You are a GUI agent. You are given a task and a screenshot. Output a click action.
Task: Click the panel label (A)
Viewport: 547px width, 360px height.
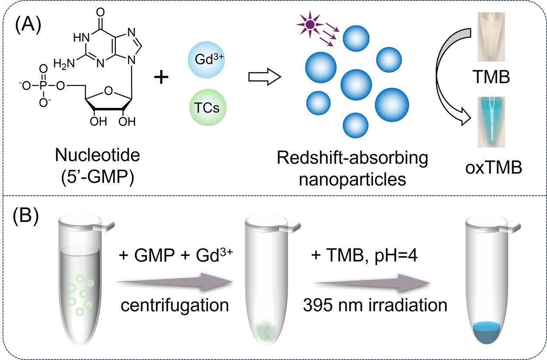pyautogui.click(x=28, y=26)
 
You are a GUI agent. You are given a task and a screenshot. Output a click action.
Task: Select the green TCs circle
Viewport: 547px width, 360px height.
pyautogui.click(x=207, y=108)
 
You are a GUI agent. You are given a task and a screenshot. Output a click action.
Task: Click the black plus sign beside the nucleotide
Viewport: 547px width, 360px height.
pyautogui.click(x=162, y=78)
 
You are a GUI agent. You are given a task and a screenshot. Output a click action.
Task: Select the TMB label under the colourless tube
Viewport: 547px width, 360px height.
pyautogui.click(x=492, y=78)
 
